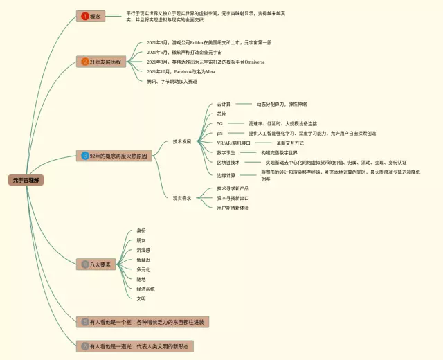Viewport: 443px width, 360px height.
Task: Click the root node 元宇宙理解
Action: tap(26, 180)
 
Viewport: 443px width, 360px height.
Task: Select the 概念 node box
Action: tap(91, 15)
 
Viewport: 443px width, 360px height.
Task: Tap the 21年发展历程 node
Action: tap(101, 62)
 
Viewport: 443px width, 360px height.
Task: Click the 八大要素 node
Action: tap(96, 264)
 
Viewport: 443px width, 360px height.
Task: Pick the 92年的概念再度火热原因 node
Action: tap(113, 156)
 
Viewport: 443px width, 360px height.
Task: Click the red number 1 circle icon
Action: tap(85, 15)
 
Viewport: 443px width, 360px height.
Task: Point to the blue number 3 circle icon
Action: tap(84, 156)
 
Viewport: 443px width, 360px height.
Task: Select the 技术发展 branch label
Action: tap(182, 142)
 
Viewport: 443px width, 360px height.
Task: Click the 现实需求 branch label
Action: tap(182, 198)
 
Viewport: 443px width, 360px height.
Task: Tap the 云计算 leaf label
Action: tap(224, 104)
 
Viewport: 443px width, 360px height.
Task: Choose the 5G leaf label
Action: tap(220, 123)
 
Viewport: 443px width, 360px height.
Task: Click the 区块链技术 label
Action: tap(228, 162)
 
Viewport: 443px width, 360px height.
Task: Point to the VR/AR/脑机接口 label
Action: tap(233, 143)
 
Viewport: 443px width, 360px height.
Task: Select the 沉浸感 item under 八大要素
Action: tap(143, 250)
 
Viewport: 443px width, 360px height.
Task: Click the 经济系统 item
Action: tap(145, 289)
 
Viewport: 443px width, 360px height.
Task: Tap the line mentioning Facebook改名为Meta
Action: tap(181, 71)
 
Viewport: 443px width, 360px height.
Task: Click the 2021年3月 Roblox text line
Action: tap(209, 42)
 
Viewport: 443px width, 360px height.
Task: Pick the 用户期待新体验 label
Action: tap(233, 208)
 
